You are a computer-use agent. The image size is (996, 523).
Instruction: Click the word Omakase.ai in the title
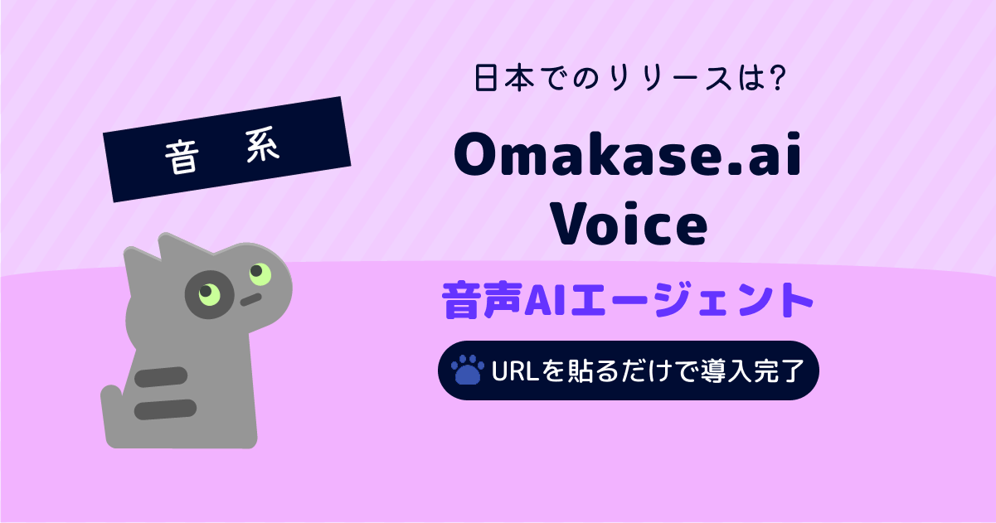[x=628, y=154]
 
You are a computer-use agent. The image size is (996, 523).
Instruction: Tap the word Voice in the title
[x=629, y=224]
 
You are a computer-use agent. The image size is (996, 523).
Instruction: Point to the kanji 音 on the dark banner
[x=181, y=157]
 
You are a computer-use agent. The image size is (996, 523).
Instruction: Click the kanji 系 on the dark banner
[x=263, y=144]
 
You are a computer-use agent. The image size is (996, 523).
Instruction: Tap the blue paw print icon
[x=468, y=370]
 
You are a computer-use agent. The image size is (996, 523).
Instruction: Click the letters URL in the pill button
[x=515, y=370]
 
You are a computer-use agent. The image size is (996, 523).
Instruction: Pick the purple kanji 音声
[x=482, y=300]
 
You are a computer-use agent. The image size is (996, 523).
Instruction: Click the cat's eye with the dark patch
[x=210, y=294]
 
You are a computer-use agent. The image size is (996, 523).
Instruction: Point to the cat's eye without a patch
[x=260, y=274]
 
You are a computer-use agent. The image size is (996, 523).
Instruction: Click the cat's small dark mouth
[x=251, y=299]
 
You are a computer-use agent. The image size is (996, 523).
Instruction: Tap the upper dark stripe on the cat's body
[x=161, y=377]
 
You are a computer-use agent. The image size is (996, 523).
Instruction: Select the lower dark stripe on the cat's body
[x=165, y=409]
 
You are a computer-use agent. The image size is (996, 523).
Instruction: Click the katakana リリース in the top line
[x=671, y=79]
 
